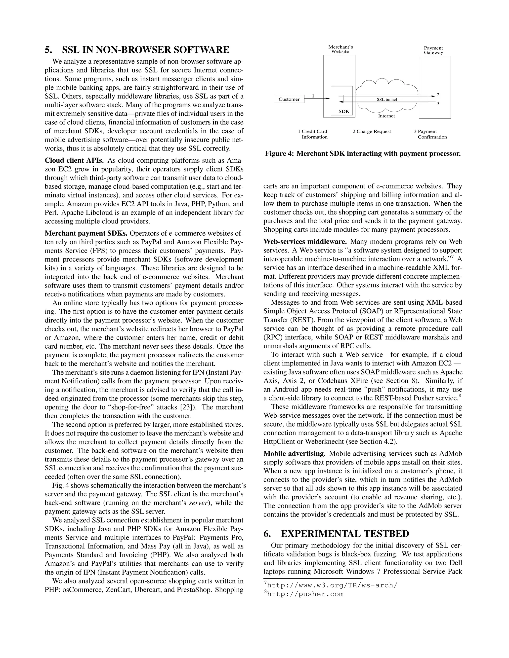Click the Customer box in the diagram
pos(289,99)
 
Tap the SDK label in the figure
pos(343,111)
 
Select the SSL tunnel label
pos(386,99)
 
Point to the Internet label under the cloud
pos(386,116)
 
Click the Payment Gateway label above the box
pos(433,50)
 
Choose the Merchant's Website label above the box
pos(340,49)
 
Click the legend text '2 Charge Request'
pos(372,131)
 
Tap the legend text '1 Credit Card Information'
pos(313,134)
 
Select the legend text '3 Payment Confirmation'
pos(430,134)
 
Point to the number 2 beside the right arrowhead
pos(438,95)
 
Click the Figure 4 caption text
pos(363,154)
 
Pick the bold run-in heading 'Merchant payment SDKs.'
pos(86,233)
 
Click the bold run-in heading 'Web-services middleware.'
pos(305,242)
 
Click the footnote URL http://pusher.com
pos(305,594)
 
